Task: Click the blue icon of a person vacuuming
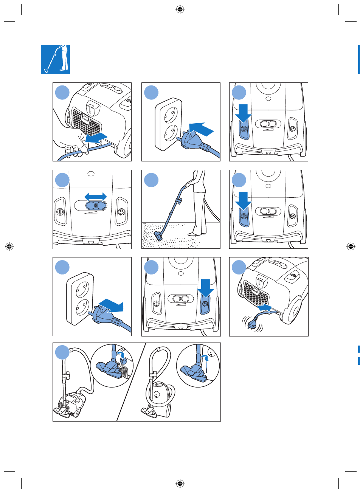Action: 55,59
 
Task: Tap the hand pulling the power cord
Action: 70,140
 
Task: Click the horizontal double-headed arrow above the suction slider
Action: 96,197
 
